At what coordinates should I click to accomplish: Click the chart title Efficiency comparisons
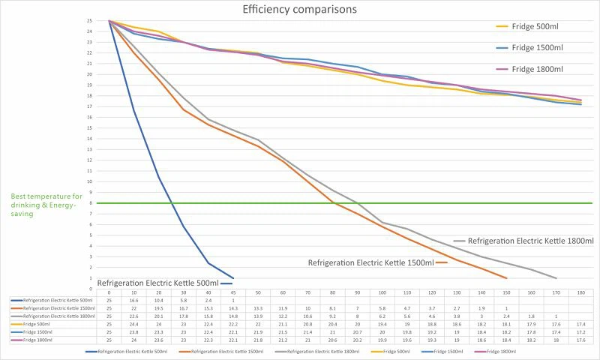coord(299,10)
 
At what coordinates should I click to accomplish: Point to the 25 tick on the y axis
coord(90,22)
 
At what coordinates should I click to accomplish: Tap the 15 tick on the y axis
coord(90,128)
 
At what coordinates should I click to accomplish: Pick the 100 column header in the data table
coord(382,292)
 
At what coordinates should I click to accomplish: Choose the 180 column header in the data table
coord(580,292)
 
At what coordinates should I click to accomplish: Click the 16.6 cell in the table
coord(133,300)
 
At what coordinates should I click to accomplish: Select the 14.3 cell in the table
coord(233,307)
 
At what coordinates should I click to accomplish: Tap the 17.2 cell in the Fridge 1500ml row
coord(580,331)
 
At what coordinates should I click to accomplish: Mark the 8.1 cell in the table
coord(332,307)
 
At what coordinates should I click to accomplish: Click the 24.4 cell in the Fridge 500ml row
coord(133,323)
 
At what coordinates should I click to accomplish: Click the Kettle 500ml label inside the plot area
coord(157,283)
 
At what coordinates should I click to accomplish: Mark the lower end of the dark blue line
coord(233,277)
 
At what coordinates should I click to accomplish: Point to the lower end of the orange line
coord(507,277)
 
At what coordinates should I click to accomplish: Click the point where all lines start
coord(109,21)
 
